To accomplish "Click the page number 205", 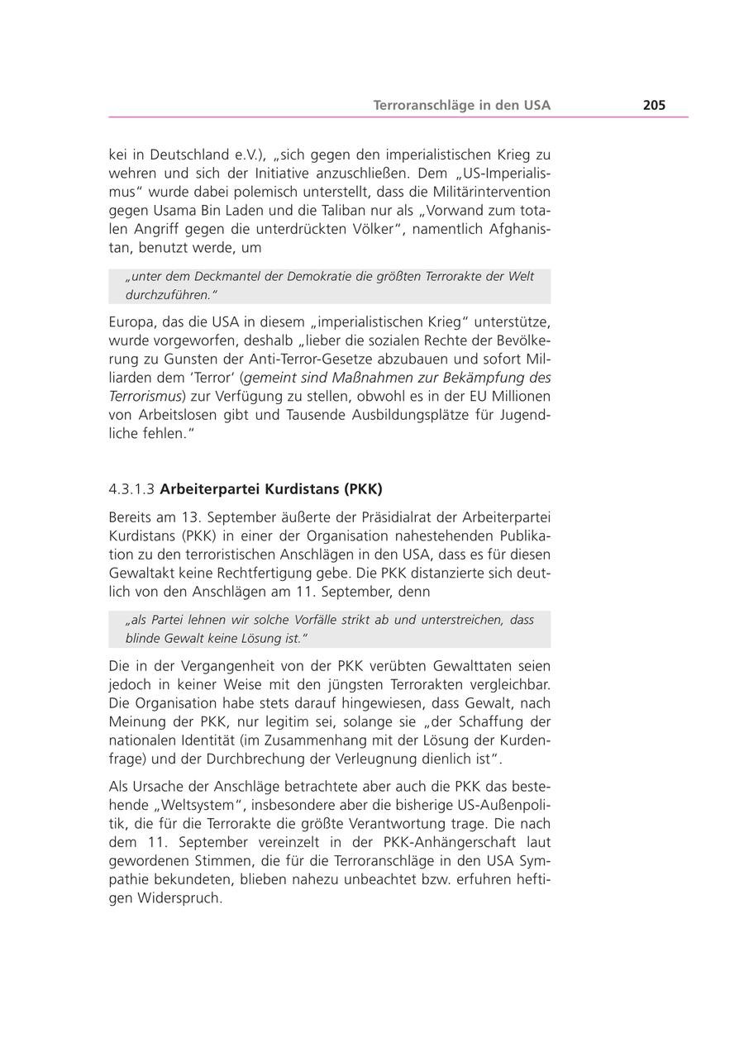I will tap(654, 105).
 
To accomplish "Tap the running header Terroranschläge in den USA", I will tap(461, 105).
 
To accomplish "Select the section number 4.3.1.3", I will tap(131, 489).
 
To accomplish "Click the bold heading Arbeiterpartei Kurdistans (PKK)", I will tap(271, 489).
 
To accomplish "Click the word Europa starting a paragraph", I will tap(131, 321).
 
